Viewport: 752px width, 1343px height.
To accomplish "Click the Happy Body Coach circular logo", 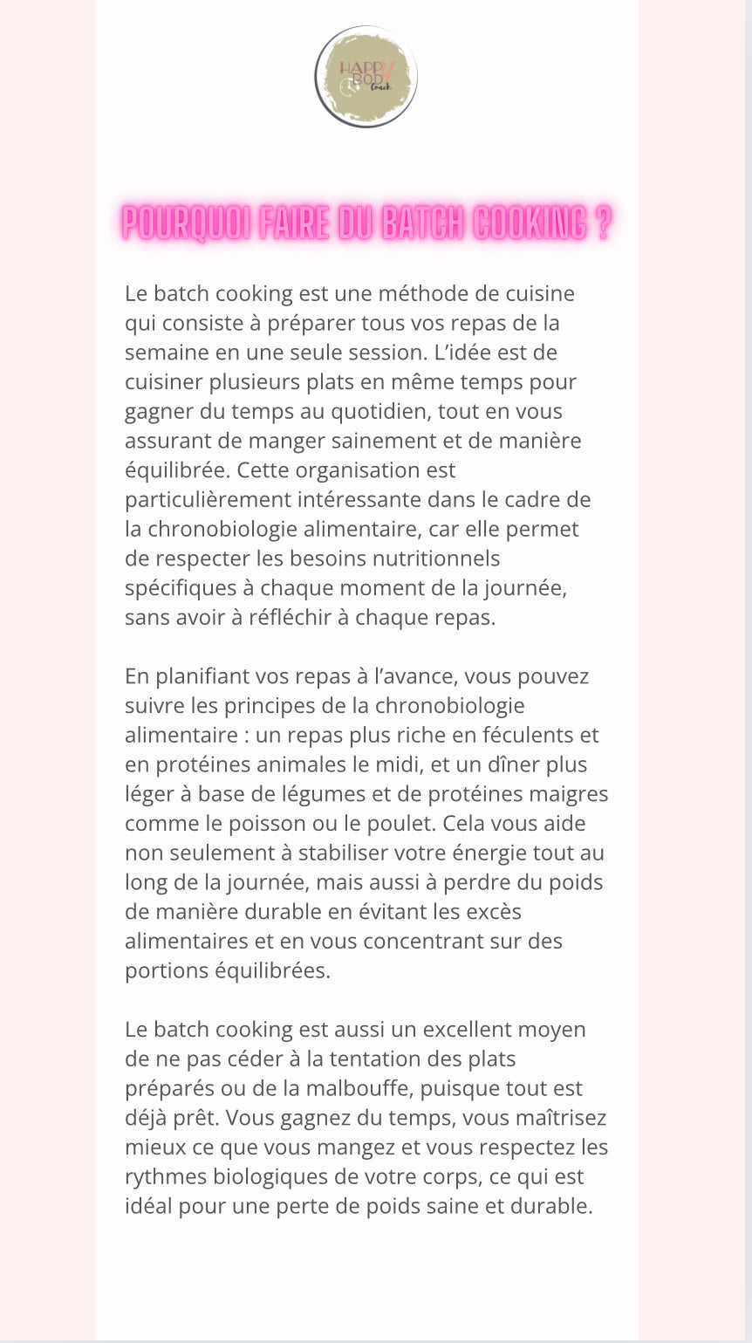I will (366, 77).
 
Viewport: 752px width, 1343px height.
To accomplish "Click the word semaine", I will (165, 353).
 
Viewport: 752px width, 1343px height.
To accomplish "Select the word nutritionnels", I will (436, 558).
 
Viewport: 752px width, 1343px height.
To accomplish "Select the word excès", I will (495, 912).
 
